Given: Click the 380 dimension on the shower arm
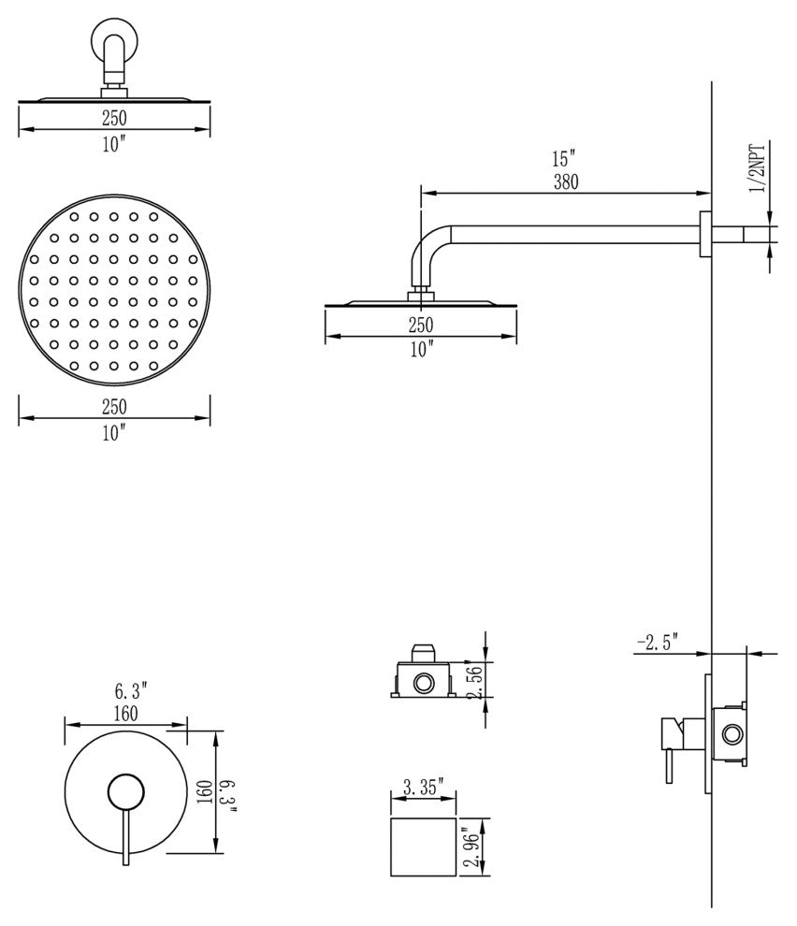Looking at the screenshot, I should [565, 183].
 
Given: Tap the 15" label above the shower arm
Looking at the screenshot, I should [565, 159].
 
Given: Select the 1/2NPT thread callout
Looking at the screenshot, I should [758, 169].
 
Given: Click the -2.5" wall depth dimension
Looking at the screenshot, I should [658, 643].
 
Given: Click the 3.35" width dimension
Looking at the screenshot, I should [423, 787].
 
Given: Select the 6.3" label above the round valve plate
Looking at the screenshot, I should [132, 692].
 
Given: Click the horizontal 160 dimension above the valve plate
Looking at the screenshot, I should [125, 714].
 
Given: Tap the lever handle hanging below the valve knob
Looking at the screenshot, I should [122, 836].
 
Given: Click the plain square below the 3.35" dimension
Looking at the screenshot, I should [422, 846].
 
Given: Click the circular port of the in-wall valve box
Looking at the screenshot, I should [731, 732].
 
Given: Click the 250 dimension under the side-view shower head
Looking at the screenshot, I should [420, 326].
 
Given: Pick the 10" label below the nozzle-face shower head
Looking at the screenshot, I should [114, 432].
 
